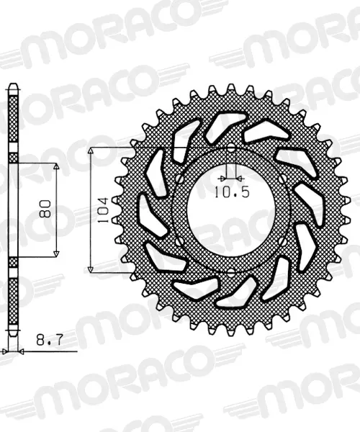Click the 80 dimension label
click(x=45, y=209)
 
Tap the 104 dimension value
click(x=103, y=210)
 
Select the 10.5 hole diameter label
click(x=232, y=192)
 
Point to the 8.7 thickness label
click(x=50, y=340)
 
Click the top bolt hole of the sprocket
click(x=231, y=148)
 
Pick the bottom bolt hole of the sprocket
click(x=231, y=273)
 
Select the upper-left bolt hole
click(x=179, y=179)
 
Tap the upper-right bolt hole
click(x=283, y=179)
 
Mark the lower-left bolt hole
click(x=179, y=242)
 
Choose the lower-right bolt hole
click(x=283, y=242)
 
